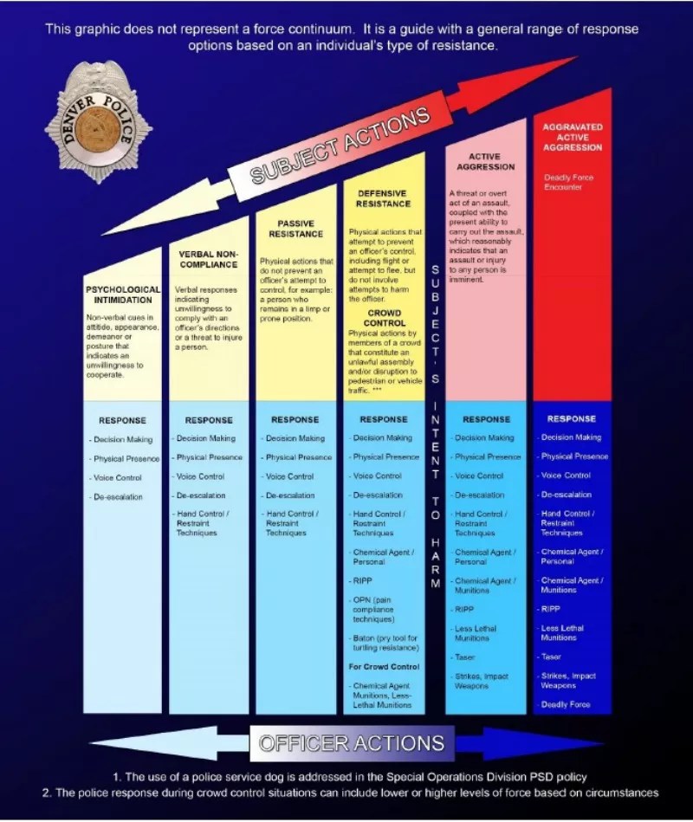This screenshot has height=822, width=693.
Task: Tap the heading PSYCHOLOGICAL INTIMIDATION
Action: pyautogui.click(x=122, y=294)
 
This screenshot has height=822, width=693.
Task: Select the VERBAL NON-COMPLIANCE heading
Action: pyautogui.click(x=208, y=259)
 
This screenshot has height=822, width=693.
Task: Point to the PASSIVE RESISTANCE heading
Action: pyautogui.click(x=295, y=229)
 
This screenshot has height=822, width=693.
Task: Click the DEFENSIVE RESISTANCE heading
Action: pyautogui.click(x=383, y=198)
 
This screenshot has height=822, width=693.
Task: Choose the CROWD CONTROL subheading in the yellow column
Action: pyautogui.click(x=384, y=317)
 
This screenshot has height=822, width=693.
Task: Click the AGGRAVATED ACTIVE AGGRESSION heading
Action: pyautogui.click(x=572, y=137)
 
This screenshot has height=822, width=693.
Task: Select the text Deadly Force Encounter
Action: pyautogui.click(x=568, y=182)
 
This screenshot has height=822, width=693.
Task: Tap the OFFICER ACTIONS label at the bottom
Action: pyautogui.click(x=352, y=743)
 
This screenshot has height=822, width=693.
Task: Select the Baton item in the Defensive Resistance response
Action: pyautogui.click(x=384, y=643)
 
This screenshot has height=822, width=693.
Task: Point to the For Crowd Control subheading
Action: pyautogui.click(x=384, y=667)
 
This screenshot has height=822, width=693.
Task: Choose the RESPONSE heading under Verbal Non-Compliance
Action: pyautogui.click(x=208, y=420)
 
